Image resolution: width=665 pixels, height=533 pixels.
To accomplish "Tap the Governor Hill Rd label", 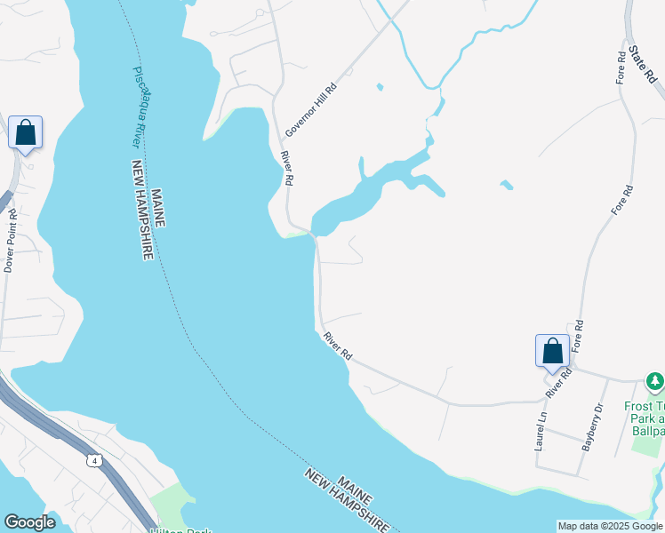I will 311,110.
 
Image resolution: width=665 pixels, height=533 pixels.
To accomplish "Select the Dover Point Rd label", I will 10,240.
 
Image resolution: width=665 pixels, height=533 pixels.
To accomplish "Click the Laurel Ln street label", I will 540,430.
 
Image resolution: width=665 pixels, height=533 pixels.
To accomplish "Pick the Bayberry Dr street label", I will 592,427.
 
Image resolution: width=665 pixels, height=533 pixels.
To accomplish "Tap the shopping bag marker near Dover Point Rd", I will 26,133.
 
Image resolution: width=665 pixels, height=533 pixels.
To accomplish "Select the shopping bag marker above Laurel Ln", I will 552,351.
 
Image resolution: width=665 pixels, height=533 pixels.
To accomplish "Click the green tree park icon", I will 655,382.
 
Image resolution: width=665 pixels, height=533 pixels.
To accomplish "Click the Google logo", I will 29,522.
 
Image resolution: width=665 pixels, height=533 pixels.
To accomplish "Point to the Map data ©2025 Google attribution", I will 610,526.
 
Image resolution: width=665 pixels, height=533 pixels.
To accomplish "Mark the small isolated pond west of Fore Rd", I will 506,185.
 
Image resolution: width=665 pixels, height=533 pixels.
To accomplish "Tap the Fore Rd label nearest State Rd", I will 621,68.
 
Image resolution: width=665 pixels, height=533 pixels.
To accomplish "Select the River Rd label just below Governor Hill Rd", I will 287,168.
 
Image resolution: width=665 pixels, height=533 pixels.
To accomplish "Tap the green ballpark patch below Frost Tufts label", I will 646,444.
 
